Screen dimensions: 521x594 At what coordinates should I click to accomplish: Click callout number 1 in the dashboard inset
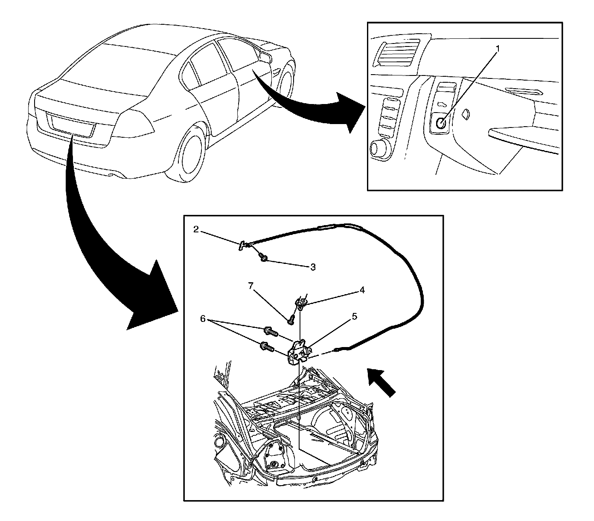tap(497, 48)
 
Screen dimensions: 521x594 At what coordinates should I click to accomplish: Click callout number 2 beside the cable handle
tap(196, 229)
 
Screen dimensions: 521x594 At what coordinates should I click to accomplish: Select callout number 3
tap(313, 267)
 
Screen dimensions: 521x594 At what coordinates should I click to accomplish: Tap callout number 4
tap(362, 290)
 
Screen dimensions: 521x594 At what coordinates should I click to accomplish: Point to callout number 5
tap(354, 317)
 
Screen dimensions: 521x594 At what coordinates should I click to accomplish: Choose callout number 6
tap(203, 318)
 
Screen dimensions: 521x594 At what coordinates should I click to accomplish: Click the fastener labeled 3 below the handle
tap(263, 258)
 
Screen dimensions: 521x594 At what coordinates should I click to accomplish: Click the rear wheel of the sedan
tap(190, 150)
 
